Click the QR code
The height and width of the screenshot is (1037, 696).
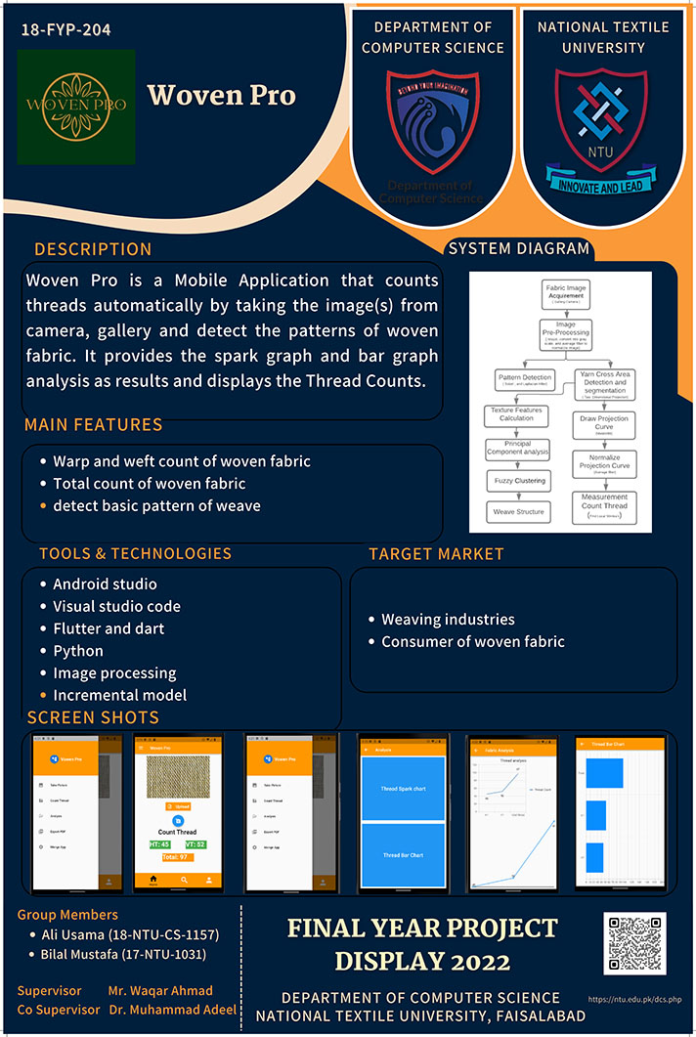click(x=635, y=943)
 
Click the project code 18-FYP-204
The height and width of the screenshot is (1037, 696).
click(x=65, y=30)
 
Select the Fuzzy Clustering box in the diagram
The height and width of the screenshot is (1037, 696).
click(x=518, y=481)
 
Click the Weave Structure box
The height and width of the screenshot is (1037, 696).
click(x=518, y=511)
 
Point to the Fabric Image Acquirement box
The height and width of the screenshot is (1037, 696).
click(x=566, y=292)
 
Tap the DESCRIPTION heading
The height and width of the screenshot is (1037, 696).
click(x=93, y=249)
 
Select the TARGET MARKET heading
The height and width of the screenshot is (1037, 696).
click(x=436, y=554)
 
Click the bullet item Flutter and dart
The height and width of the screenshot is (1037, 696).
click(x=109, y=628)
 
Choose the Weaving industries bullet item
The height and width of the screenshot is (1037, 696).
click(x=448, y=620)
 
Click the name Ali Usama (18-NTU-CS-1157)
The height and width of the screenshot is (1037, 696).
click(x=129, y=935)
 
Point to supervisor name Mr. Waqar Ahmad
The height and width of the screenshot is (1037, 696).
click(x=160, y=991)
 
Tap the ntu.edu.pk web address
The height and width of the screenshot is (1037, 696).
click(x=635, y=1001)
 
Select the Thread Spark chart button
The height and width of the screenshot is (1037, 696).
click(x=403, y=788)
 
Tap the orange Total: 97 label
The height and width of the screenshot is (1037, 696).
click(x=177, y=857)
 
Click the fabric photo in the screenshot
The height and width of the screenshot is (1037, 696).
click(x=177, y=780)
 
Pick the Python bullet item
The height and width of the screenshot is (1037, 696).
click(x=78, y=651)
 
